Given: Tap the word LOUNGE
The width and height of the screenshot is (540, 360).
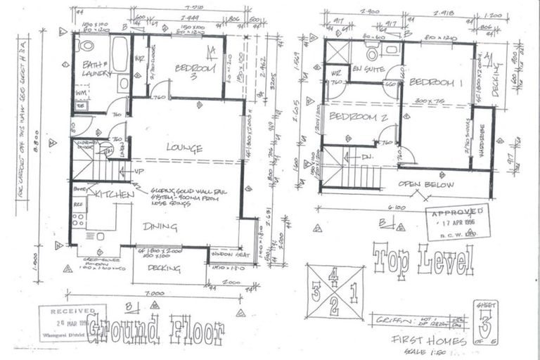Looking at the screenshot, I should pos(185,148).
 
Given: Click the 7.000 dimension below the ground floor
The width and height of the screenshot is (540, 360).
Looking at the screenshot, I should pos(146,293).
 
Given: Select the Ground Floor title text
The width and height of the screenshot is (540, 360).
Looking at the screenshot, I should pos(156,328).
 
